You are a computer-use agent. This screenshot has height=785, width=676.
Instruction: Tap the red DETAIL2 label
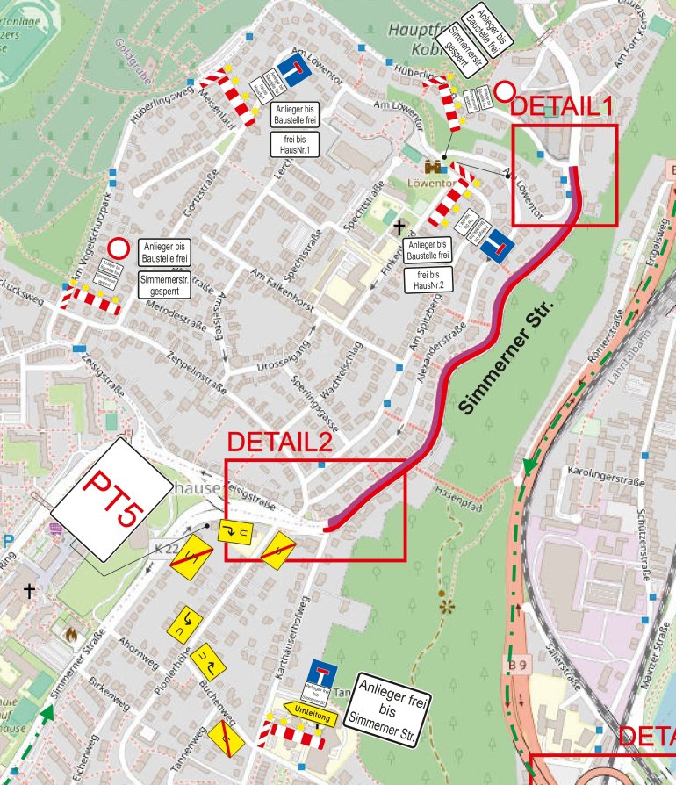[279, 443]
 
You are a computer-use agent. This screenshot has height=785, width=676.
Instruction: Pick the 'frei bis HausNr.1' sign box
[292, 144]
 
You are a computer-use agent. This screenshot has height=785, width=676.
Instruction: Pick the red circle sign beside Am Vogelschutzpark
[119, 248]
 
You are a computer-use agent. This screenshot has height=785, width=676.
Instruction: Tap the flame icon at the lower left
[71, 631]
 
